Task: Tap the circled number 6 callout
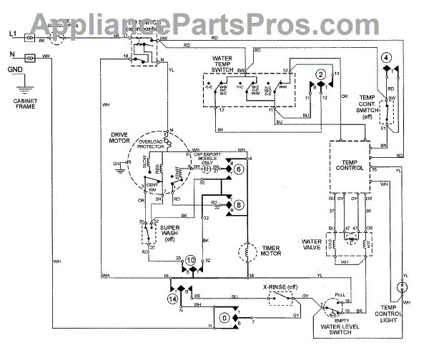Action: pyautogui.click(x=238, y=169)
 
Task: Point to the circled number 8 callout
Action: pyautogui.click(x=238, y=204)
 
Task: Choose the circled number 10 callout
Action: pyautogui.click(x=191, y=261)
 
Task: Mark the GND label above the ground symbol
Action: pyautogui.click(x=14, y=69)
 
